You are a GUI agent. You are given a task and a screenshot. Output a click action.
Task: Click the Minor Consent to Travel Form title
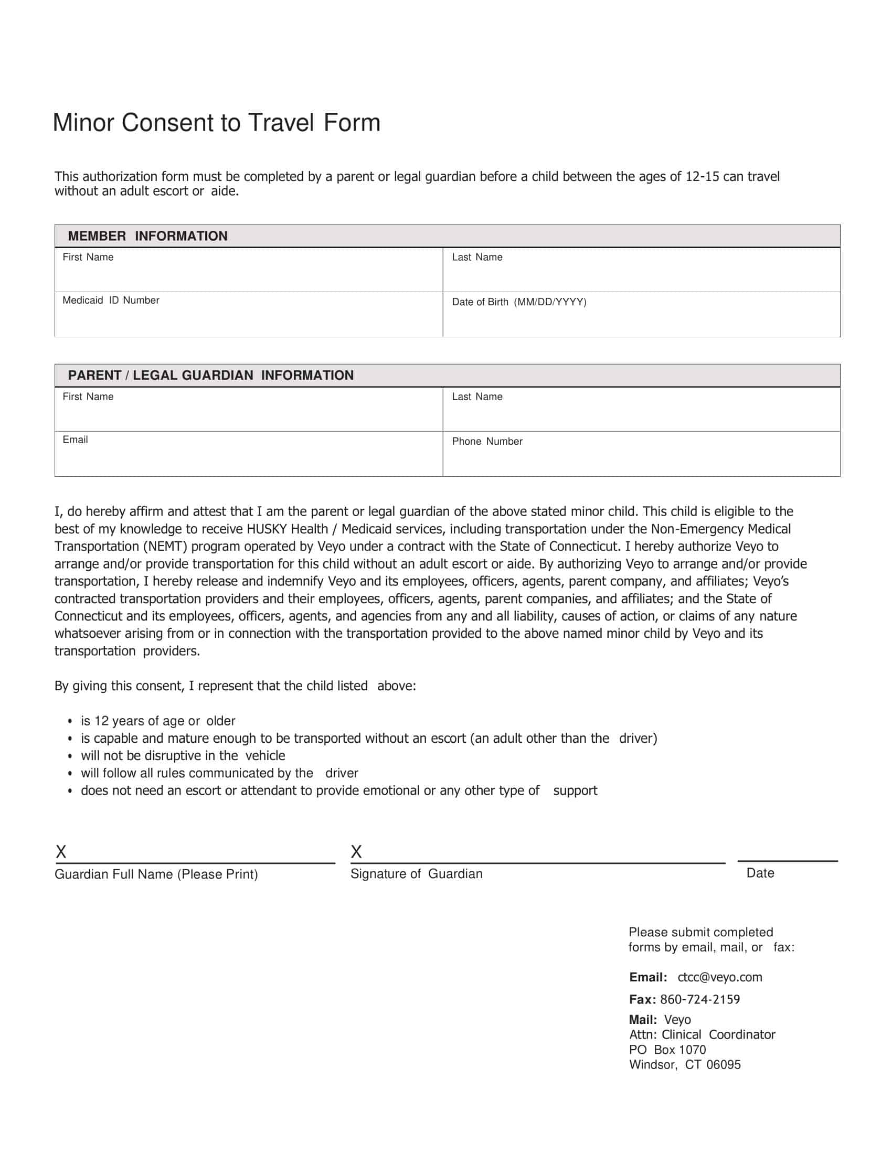click(x=216, y=123)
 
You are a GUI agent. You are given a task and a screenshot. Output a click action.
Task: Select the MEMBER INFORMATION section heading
click(x=147, y=236)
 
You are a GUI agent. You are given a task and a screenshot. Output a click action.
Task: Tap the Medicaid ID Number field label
click(x=111, y=301)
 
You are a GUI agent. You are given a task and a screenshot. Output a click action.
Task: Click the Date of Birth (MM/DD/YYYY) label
click(x=519, y=302)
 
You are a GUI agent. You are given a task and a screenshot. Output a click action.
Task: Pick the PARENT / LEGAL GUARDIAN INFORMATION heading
click(x=210, y=376)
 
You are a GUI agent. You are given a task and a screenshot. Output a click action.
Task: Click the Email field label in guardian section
click(x=75, y=440)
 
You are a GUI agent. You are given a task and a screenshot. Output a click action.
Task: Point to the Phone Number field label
click(x=487, y=442)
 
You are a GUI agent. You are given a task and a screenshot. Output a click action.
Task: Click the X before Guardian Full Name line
click(x=61, y=852)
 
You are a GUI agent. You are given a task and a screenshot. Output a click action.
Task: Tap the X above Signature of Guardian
click(x=356, y=852)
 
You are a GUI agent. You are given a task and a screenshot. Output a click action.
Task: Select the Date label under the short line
click(x=760, y=873)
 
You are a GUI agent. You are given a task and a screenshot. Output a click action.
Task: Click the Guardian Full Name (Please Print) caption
click(x=156, y=874)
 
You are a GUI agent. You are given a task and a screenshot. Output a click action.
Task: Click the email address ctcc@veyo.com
click(x=720, y=977)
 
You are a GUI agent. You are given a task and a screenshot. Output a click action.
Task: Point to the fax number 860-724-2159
click(x=699, y=999)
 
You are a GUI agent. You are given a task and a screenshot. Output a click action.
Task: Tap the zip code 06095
click(x=724, y=1065)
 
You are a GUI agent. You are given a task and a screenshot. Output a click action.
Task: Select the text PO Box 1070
click(x=667, y=1050)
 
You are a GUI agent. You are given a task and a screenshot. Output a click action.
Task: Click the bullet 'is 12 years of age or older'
click(x=157, y=721)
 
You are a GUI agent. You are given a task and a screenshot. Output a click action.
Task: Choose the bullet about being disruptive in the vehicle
click(x=182, y=755)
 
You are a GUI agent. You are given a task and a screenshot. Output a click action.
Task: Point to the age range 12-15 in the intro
click(x=702, y=176)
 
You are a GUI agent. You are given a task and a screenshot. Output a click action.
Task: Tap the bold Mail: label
click(x=643, y=1020)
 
